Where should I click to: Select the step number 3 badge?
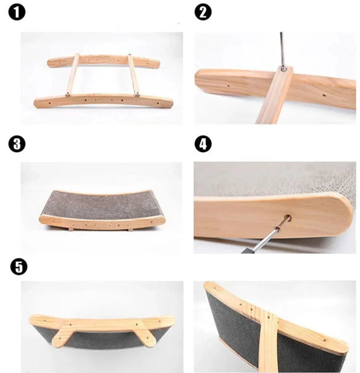click(x=15, y=143)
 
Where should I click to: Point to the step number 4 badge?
click(x=203, y=143)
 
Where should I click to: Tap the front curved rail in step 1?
click(x=103, y=101)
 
